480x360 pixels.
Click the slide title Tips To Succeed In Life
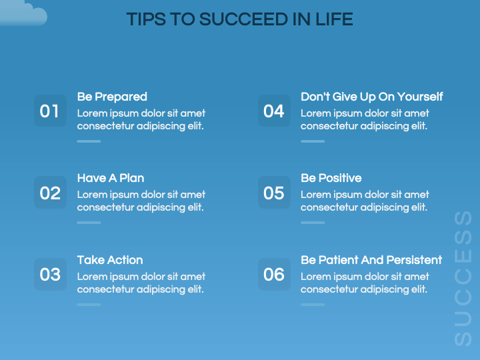[x=239, y=19]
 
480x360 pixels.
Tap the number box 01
[x=50, y=111]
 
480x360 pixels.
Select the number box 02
[x=50, y=193]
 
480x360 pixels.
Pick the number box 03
[x=50, y=274]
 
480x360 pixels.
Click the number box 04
[x=274, y=111]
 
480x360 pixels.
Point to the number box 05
[x=274, y=193]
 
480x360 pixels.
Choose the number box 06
[x=274, y=274]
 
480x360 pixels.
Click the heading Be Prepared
[x=112, y=97]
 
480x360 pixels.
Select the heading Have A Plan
[x=111, y=178]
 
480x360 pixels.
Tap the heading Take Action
[x=110, y=260]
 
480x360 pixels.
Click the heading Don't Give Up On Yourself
[x=371, y=97]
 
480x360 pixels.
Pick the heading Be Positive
[x=331, y=178]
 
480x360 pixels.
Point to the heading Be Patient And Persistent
[x=371, y=260]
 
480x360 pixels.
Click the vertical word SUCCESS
[x=463, y=278]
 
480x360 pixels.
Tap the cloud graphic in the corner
[x=23, y=13]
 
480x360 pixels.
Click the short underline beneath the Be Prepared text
[x=89, y=141]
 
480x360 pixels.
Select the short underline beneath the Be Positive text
[x=313, y=223]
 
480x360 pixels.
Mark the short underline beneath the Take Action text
[x=89, y=305]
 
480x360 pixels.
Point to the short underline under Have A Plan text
[x=89, y=223]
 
